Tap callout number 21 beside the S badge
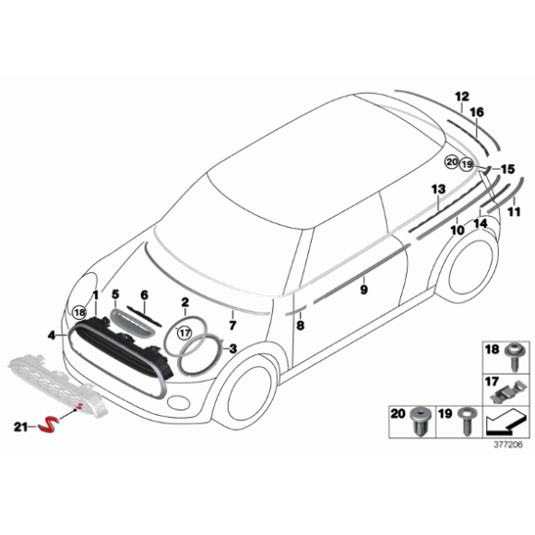(x=21, y=425)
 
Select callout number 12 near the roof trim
(x=461, y=96)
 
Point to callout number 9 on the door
(x=363, y=289)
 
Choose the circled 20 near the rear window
(x=451, y=162)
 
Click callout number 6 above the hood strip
(x=143, y=296)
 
